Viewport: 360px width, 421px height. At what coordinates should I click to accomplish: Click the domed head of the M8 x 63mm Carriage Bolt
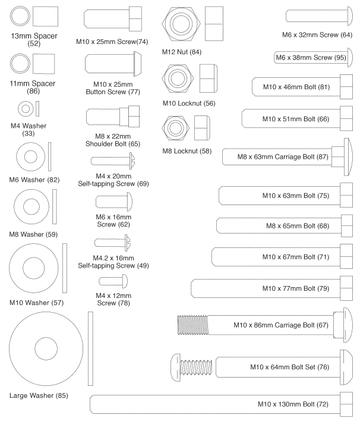tap(346, 156)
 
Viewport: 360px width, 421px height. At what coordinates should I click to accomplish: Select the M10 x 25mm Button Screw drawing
tap(113, 61)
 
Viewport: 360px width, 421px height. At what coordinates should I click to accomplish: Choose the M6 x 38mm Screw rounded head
tap(351, 58)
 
